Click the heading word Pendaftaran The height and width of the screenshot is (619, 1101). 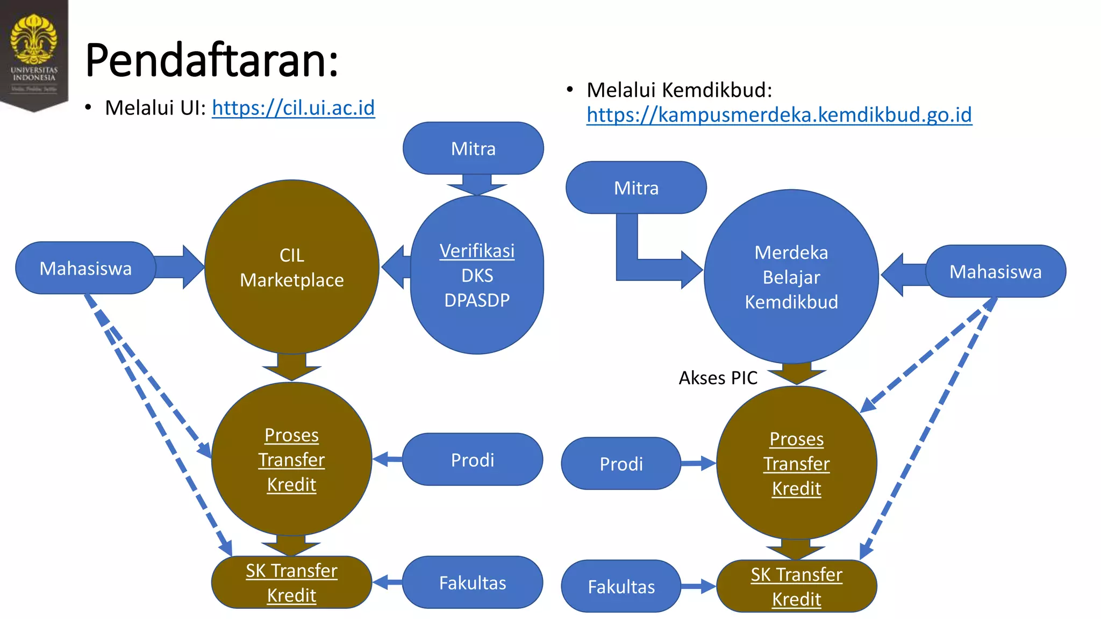(211, 60)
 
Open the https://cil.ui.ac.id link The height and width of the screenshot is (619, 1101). (293, 108)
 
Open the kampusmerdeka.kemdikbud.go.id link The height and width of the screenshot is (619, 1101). (779, 115)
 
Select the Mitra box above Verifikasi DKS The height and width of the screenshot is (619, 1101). (473, 148)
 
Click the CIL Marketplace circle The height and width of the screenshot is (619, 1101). (291, 267)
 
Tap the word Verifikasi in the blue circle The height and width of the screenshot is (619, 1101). (477, 251)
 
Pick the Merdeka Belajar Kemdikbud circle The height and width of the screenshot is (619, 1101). (791, 277)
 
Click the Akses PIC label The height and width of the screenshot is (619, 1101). (718, 378)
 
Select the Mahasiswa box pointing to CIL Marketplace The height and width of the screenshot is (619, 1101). (85, 268)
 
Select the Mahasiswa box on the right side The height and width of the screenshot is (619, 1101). (995, 271)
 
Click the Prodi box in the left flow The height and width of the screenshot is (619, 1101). (472, 460)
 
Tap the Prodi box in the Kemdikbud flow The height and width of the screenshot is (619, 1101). (621, 464)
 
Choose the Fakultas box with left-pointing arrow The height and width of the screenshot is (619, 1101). (472, 583)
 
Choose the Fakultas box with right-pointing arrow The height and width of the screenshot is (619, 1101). (621, 587)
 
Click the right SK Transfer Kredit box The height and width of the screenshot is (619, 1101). (796, 587)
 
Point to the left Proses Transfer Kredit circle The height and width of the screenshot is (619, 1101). (291, 459)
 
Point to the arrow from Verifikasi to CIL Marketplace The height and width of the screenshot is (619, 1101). (397, 267)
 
